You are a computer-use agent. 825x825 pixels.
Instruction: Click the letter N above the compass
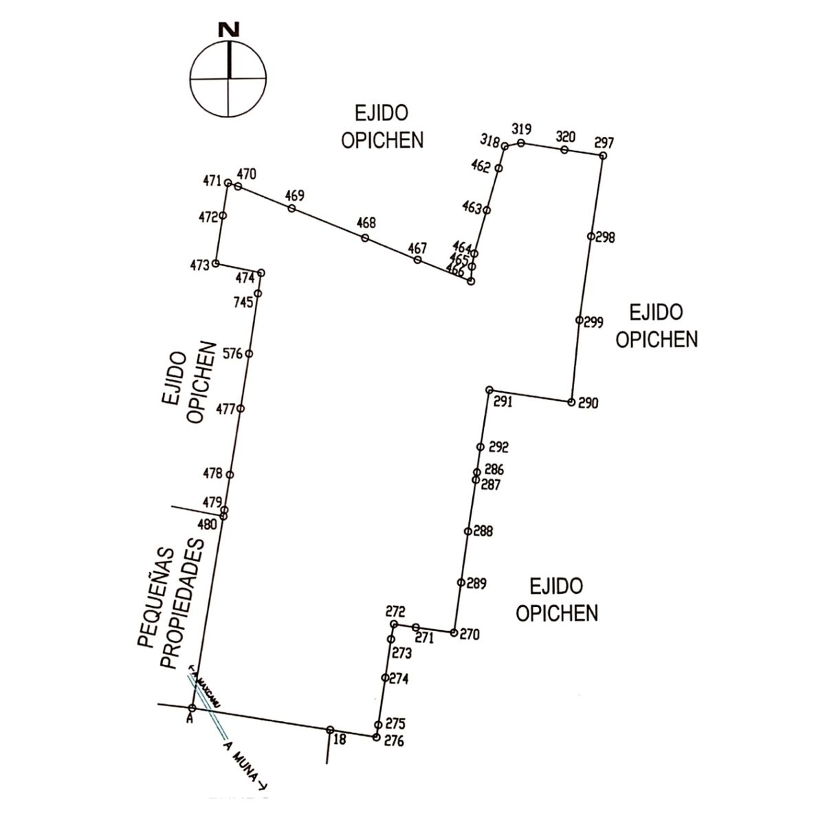pos(229,30)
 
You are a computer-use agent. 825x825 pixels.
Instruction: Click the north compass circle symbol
pos(229,78)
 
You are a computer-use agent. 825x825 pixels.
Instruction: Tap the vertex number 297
pos(604,143)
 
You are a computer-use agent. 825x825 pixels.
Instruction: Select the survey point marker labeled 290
pos(571,402)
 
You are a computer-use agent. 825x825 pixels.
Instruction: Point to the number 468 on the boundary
pos(366,223)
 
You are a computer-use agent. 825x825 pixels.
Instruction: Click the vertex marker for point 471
pos(228,183)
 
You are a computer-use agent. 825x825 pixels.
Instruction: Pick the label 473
pos(199,265)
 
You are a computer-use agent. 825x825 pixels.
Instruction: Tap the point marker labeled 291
pos(489,390)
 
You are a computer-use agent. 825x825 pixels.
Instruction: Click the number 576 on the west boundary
pos(234,354)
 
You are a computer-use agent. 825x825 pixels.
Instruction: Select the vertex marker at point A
pos(192,708)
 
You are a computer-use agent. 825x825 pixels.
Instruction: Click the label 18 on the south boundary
pos(339,739)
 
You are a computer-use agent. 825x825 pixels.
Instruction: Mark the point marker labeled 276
pos(375,737)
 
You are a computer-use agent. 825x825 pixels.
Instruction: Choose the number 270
pos(470,635)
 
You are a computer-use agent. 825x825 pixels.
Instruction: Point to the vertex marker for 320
pos(564,150)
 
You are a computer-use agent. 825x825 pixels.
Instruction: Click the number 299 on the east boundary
pos(593,321)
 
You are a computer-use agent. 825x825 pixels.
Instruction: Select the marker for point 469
pos(292,208)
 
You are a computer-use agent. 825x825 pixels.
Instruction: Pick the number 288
pos(483,531)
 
